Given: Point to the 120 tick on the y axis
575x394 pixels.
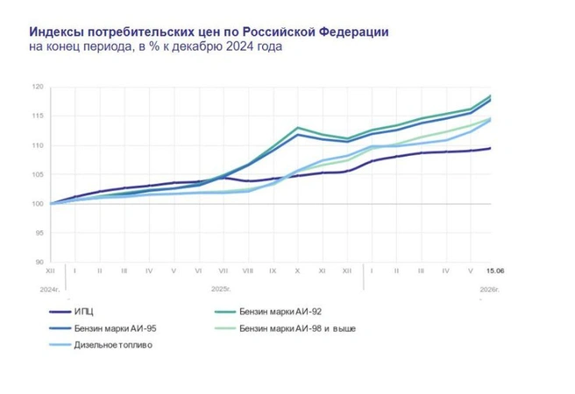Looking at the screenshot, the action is [x=39, y=87].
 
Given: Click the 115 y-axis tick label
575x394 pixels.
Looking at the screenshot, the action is [x=39, y=116].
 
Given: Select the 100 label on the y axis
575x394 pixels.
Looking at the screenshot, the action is [x=39, y=204].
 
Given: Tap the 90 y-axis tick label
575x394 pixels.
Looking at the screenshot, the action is [x=39, y=262].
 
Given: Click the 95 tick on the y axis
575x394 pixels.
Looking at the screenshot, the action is [x=39, y=233].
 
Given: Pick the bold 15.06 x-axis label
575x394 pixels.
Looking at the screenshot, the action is [x=495, y=271].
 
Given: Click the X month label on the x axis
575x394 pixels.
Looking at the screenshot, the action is [x=297, y=271].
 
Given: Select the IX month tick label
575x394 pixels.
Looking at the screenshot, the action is [x=273, y=271].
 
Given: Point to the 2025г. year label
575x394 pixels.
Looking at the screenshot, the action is [x=221, y=289].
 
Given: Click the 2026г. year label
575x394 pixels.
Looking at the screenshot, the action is [x=490, y=290].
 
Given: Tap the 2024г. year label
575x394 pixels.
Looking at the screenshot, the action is [x=50, y=290].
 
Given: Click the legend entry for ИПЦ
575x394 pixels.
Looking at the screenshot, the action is [x=71, y=312].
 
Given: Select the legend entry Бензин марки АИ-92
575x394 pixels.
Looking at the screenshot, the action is [x=268, y=312].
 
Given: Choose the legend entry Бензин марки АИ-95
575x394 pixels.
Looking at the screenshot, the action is [x=103, y=328].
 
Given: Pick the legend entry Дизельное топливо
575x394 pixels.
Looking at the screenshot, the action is [x=101, y=345].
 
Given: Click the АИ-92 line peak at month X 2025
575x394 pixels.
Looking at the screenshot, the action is [x=297, y=128].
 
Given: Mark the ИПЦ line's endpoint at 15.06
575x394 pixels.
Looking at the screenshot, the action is [x=490, y=148].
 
